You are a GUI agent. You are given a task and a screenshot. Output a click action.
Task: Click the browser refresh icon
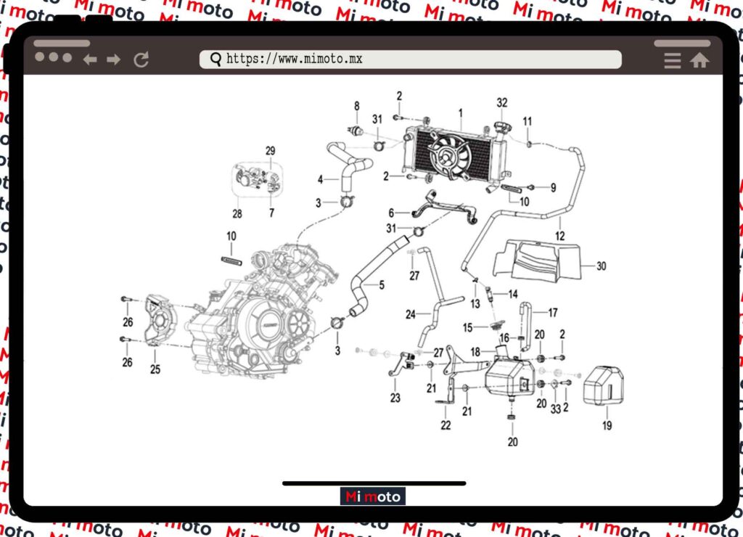click(141, 60)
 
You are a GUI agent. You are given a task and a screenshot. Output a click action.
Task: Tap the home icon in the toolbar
click(699, 61)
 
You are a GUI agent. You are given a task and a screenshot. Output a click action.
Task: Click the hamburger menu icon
click(673, 61)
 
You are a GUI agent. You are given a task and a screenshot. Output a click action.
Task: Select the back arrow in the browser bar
click(90, 60)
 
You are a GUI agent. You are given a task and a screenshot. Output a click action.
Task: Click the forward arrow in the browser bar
click(113, 60)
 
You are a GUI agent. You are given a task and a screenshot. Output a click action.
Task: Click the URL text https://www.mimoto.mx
click(294, 60)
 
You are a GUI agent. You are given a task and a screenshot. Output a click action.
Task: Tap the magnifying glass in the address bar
click(215, 60)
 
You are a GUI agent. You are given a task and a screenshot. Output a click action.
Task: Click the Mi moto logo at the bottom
click(373, 496)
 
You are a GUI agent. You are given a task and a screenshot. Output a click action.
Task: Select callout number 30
click(601, 266)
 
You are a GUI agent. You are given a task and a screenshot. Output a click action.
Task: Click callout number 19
click(607, 425)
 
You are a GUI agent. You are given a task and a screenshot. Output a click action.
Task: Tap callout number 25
click(155, 369)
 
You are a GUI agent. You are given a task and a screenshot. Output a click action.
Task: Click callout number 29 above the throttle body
click(271, 151)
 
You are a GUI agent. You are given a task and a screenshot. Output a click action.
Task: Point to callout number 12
click(559, 236)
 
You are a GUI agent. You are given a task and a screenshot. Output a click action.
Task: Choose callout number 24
click(410, 315)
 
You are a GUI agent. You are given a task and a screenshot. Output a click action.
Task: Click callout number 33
click(555, 409)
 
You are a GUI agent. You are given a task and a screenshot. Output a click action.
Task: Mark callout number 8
click(356, 106)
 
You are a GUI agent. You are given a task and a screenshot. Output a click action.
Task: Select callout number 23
click(395, 397)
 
